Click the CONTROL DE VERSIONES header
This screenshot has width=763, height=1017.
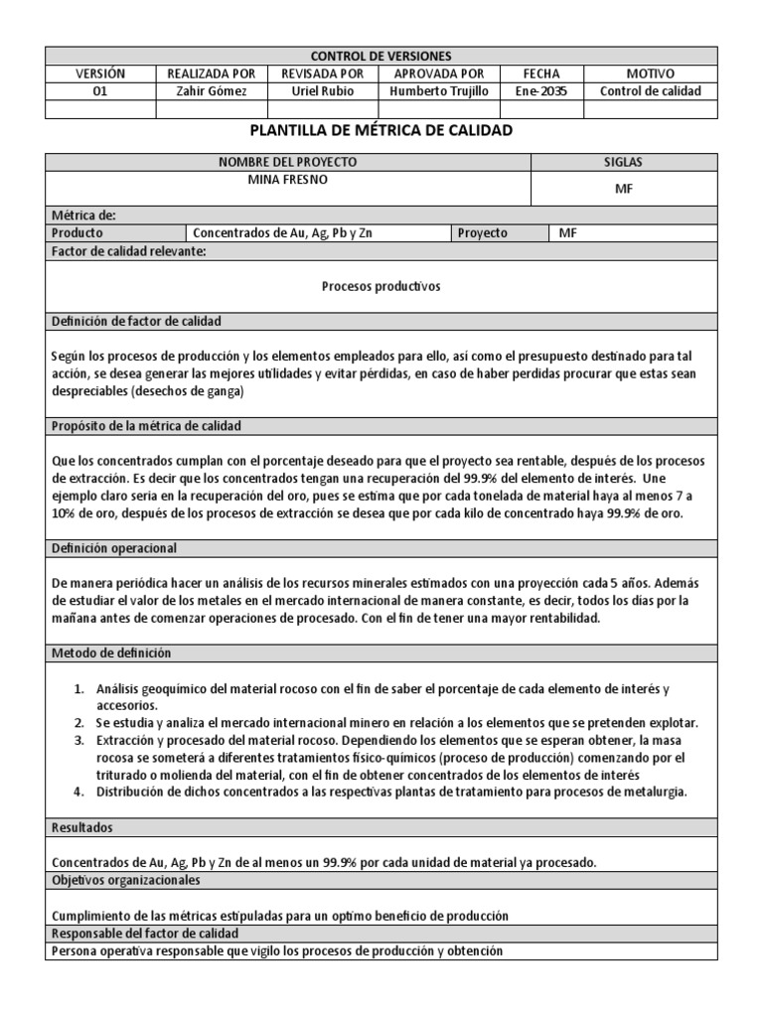click(381, 57)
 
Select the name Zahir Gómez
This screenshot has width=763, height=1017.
click(211, 91)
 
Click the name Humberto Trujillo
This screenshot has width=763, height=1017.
click(439, 91)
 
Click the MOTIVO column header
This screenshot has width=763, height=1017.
click(651, 74)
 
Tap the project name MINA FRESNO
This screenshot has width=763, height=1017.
click(287, 180)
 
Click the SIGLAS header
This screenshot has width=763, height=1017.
click(624, 162)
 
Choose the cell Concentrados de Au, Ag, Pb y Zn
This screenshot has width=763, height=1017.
click(282, 233)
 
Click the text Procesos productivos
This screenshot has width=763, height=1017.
click(381, 286)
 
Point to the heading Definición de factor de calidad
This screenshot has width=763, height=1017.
click(136, 321)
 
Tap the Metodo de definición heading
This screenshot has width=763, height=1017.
click(111, 654)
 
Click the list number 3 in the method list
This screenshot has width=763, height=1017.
click(79, 741)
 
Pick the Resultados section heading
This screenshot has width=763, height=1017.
click(81, 826)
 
